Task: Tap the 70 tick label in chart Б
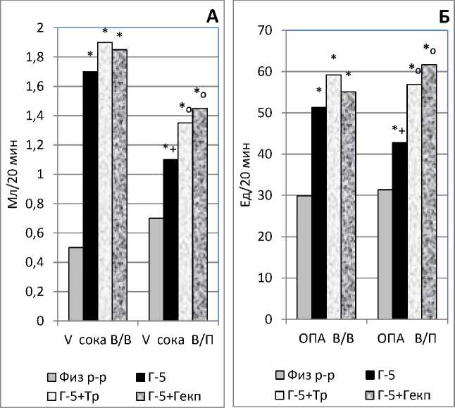pyautogui.click(x=264, y=30)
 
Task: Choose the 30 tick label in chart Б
pyautogui.click(x=264, y=195)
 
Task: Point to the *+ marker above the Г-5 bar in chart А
pyautogui.click(x=169, y=147)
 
